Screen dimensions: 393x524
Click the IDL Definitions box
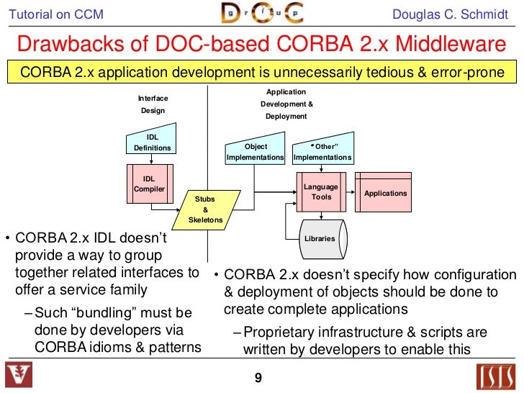(x=152, y=143)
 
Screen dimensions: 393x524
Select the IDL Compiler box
(x=149, y=184)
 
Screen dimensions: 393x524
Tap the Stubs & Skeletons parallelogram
(x=205, y=209)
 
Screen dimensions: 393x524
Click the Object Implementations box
(x=256, y=150)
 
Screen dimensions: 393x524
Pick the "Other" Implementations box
(x=322, y=150)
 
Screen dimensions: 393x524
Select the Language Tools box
(x=321, y=192)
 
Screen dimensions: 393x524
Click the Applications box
(x=385, y=193)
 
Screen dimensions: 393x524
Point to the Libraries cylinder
(x=320, y=238)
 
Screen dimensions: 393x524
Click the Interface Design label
(x=153, y=104)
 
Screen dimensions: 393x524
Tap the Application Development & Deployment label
(x=286, y=104)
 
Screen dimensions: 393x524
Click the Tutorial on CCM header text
(x=50, y=15)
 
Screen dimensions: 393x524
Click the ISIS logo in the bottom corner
(x=497, y=376)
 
